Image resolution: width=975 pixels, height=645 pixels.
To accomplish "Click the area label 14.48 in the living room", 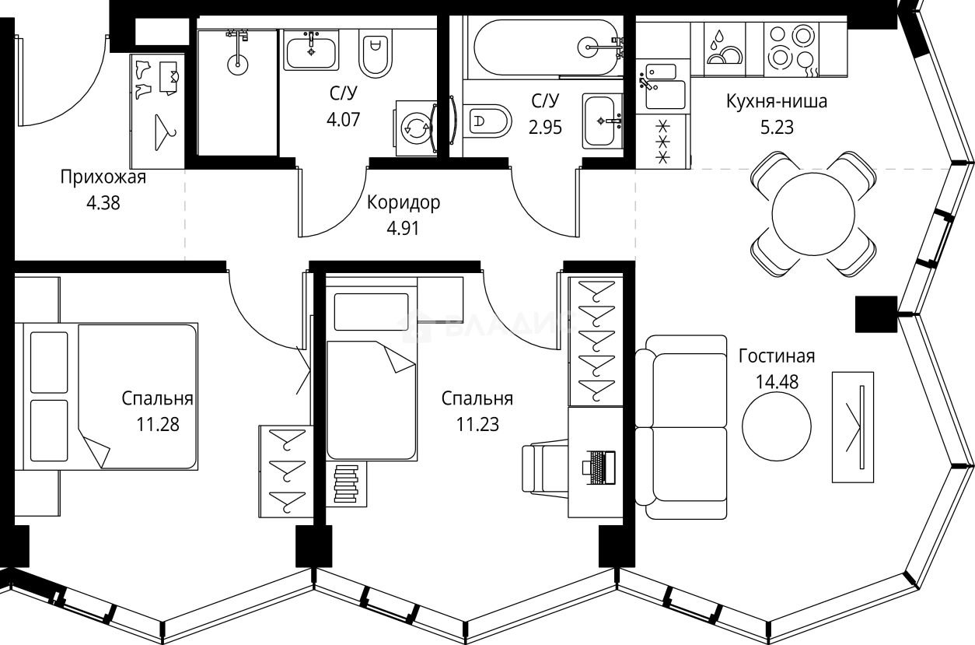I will tap(776, 382).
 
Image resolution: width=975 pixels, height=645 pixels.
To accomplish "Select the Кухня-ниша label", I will tap(776, 101).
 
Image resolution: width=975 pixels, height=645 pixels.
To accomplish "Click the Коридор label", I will tap(403, 204).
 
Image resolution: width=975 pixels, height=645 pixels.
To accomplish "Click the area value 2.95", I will tap(545, 125).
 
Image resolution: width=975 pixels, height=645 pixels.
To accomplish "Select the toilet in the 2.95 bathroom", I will tap(490, 121).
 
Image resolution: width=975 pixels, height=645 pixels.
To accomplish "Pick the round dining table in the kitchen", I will tap(813, 213).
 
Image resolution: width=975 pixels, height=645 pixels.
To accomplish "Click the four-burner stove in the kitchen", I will tap(792, 47).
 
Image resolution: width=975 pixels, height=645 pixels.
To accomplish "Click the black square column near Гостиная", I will tap(876, 314).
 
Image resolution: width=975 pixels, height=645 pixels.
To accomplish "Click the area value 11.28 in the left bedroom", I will tap(157, 425).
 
